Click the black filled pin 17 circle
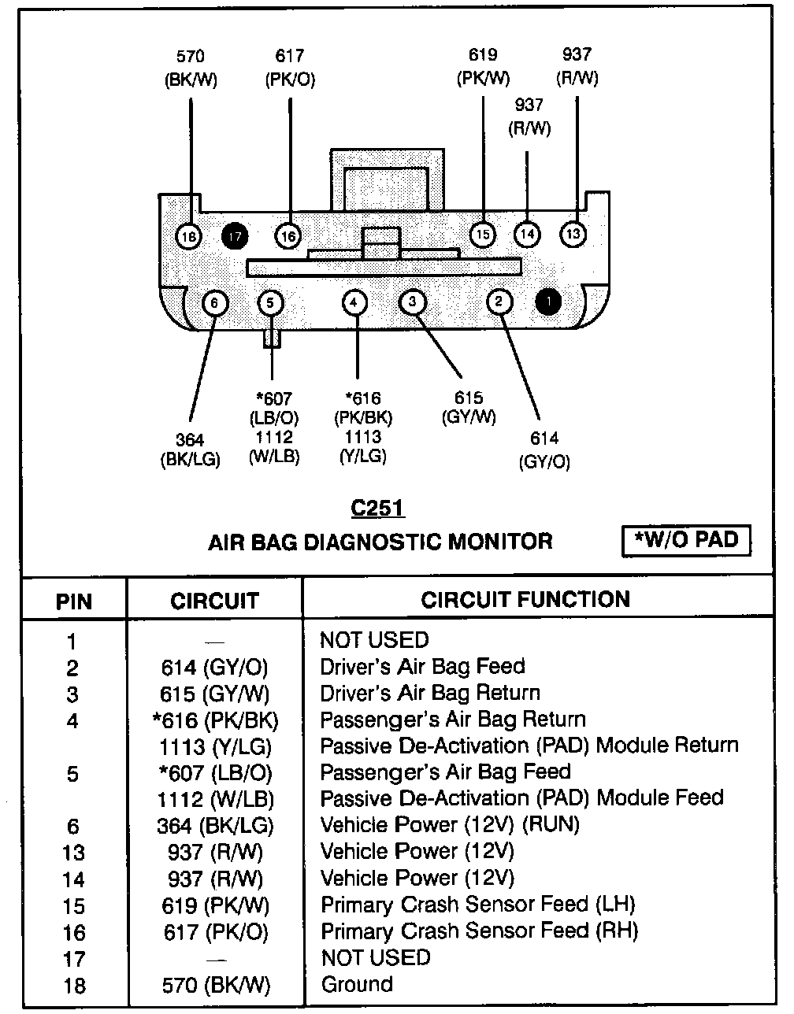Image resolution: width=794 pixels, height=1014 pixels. coord(235,235)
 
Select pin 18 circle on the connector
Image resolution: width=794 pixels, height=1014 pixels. coord(189,235)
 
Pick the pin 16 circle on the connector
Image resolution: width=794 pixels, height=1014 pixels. coord(288,235)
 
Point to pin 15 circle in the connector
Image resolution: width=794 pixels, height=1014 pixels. coord(483,234)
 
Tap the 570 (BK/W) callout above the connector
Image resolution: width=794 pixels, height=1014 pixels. coord(191,68)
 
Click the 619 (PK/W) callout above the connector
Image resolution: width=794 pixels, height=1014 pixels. coord(483,67)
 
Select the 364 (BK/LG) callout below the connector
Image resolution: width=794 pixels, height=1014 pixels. coord(190,450)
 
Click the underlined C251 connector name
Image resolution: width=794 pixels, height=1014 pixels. coord(378,509)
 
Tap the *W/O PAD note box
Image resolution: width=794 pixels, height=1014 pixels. coord(686,540)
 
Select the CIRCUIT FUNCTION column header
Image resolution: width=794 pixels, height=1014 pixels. coord(525,600)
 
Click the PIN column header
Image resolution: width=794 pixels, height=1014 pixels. coord(73,602)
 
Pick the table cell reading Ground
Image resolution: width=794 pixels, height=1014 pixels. coord(357,984)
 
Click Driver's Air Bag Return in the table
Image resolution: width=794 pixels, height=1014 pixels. coord(430,693)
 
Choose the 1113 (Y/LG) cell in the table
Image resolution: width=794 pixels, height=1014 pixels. coord(215,746)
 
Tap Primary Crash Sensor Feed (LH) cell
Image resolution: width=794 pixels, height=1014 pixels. coord(478,904)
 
